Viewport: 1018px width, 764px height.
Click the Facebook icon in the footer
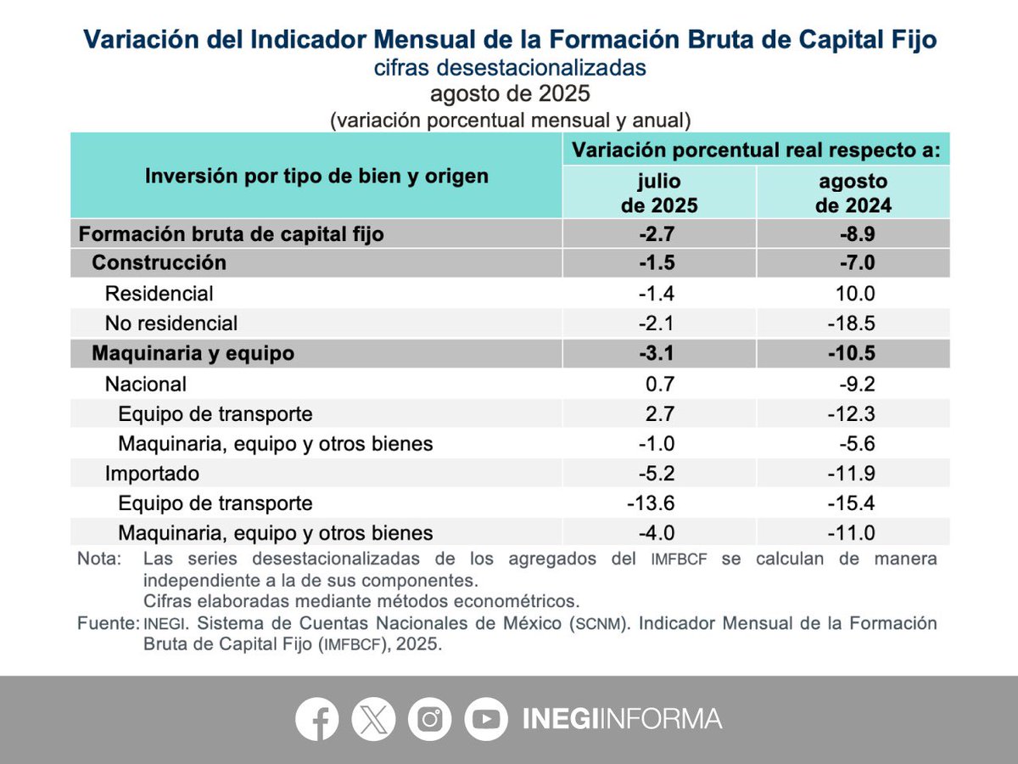(x=317, y=719)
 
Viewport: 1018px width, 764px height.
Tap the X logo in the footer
(x=373, y=719)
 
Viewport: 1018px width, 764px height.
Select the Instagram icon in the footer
(x=430, y=719)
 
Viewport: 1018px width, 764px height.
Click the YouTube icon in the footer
(x=486, y=719)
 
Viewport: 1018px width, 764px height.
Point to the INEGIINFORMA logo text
(x=622, y=719)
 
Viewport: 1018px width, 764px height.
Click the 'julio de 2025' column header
(x=659, y=194)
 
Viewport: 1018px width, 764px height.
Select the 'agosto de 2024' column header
(x=853, y=194)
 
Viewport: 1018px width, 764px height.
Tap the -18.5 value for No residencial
(x=853, y=323)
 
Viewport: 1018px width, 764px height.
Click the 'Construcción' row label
(x=159, y=262)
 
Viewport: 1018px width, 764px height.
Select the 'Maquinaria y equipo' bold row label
(x=193, y=353)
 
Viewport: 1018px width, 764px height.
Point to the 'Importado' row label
(x=152, y=473)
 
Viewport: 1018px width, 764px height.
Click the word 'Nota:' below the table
(x=99, y=559)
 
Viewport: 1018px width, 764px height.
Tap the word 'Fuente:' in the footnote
(x=108, y=624)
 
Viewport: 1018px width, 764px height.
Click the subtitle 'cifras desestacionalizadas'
(x=510, y=68)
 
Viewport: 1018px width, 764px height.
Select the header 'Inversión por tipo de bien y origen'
(x=316, y=176)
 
